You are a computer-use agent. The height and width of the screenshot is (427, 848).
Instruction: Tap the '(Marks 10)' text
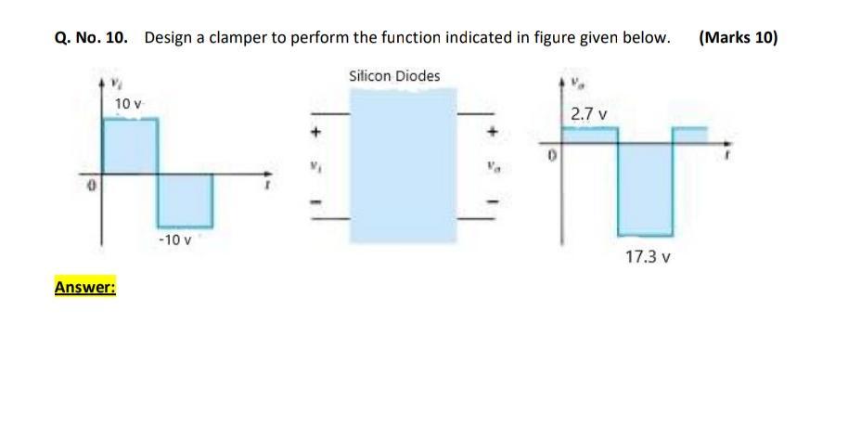point(739,38)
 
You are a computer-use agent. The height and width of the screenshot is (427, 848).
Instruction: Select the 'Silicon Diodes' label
point(394,75)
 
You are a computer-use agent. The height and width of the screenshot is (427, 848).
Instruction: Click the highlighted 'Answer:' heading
point(84,287)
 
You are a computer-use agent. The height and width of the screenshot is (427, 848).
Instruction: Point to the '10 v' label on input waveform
point(127,103)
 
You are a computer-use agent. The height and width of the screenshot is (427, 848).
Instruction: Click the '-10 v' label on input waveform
point(174,240)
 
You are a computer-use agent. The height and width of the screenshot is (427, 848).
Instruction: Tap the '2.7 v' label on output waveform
point(589,114)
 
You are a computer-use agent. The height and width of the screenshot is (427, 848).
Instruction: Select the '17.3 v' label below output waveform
point(648,255)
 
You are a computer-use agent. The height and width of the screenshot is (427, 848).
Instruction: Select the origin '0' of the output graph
point(549,160)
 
